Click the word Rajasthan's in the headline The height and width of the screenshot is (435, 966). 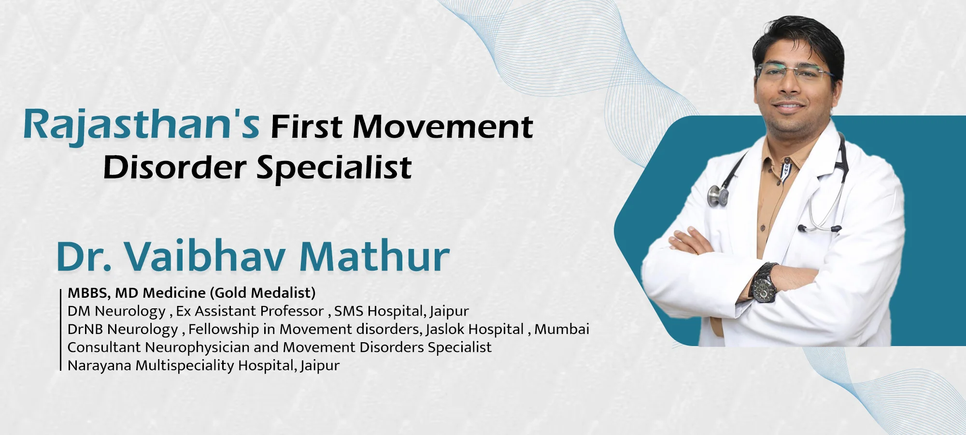click(142, 125)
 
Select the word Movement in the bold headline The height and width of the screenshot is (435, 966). click(443, 127)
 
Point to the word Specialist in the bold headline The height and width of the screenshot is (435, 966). click(334, 168)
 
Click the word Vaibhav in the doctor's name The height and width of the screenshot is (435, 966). click(205, 256)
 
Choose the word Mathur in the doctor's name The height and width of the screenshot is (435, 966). click(374, 256)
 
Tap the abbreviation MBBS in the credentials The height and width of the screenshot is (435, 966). click(87, 293)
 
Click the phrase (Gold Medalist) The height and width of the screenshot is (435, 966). click(263, 292)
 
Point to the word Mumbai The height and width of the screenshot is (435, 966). click(562, 329)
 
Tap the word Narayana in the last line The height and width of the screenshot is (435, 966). click(99, 365)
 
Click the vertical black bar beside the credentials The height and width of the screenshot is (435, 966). click(61, 330)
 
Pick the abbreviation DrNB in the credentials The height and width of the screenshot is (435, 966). click(85, 329)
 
